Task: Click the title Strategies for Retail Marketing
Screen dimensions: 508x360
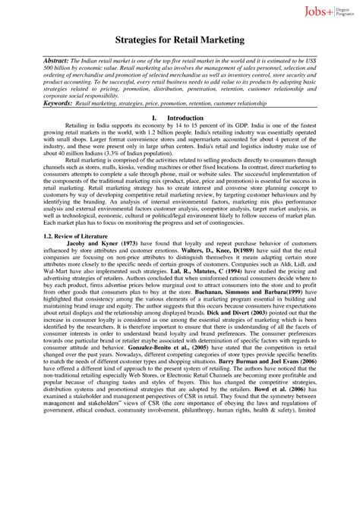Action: click(179, 38)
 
